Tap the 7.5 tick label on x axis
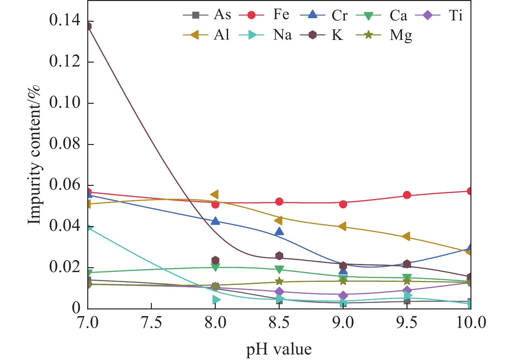pos(152,323)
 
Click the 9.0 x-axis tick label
pos(343,323)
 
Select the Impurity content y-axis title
pos(34,154)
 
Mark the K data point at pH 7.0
pos(88,26)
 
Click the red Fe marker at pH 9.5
pos(407,195)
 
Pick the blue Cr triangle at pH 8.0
pos(215,221)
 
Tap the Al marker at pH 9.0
pos(342,226)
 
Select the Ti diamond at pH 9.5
pos(407,290)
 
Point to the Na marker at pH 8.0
pos(216,300)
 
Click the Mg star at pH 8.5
pos(279,282)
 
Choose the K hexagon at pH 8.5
pos(279,256)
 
